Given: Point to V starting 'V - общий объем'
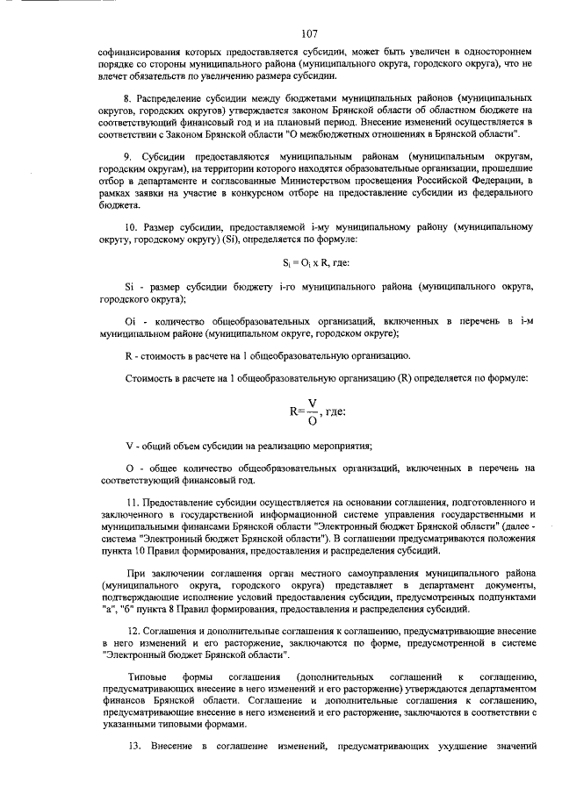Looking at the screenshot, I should pos(130,447).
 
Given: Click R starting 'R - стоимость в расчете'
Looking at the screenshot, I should pos(130,354).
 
